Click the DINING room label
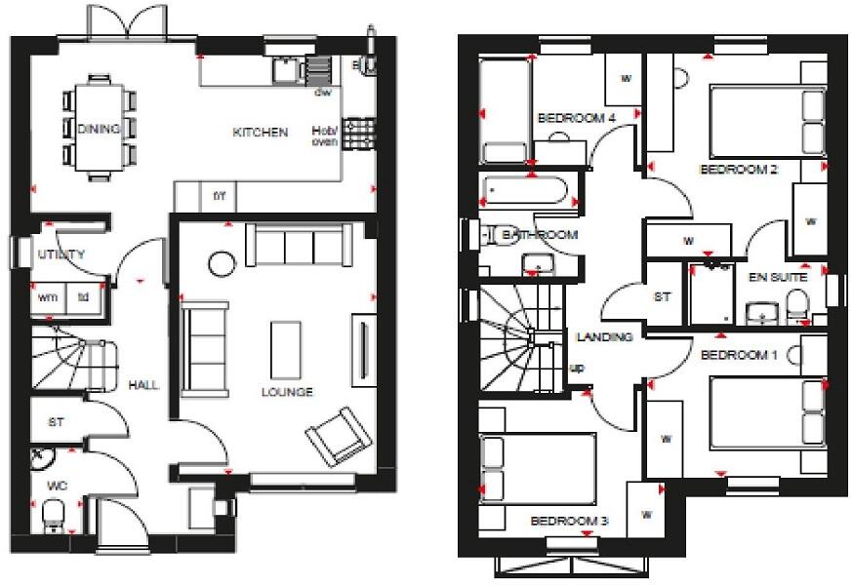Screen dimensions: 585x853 click(99, 129)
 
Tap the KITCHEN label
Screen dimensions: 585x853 click(260, 132)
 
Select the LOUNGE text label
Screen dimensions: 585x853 click(287, 392)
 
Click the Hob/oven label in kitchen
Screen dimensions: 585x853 click(324, 136)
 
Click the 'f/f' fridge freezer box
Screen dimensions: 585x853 click(220, 195)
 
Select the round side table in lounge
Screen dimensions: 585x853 click(222, 263)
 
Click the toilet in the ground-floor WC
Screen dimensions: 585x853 click(54, 513)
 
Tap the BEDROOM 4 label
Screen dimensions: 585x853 click(578, 118)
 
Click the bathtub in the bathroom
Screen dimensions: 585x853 click(531, 192)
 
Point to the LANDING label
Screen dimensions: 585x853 click(605, 336)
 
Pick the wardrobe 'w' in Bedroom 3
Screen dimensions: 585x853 click(646, 513)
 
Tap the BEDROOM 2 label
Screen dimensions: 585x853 click(739, 169)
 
